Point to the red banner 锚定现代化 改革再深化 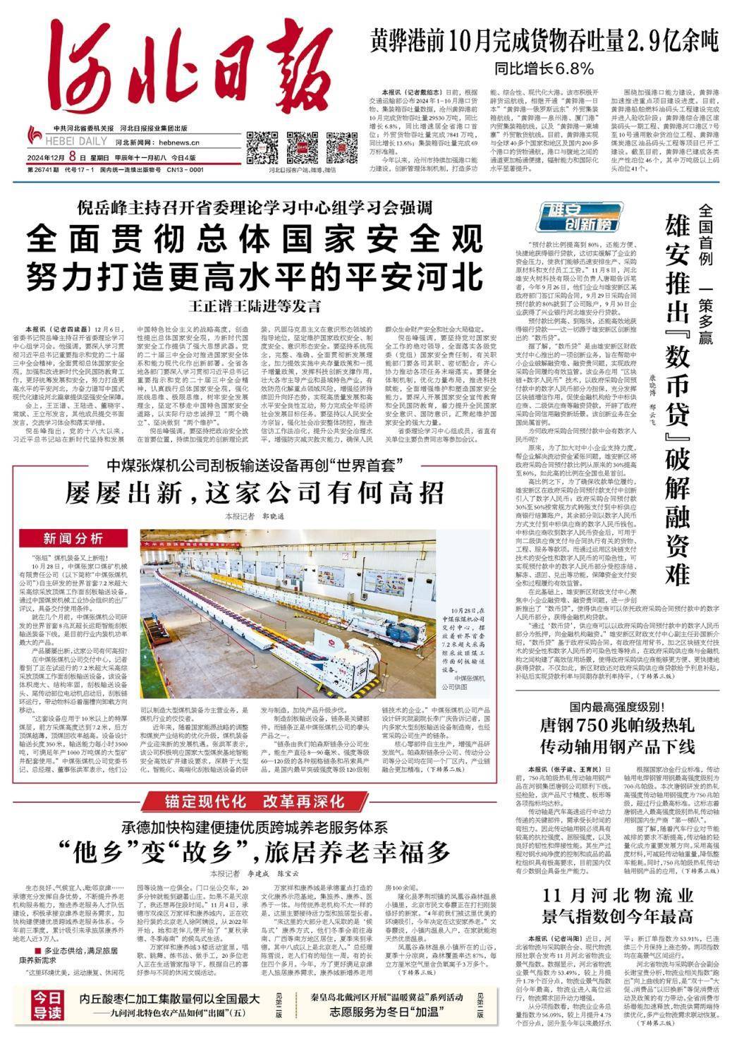[255, 801]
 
